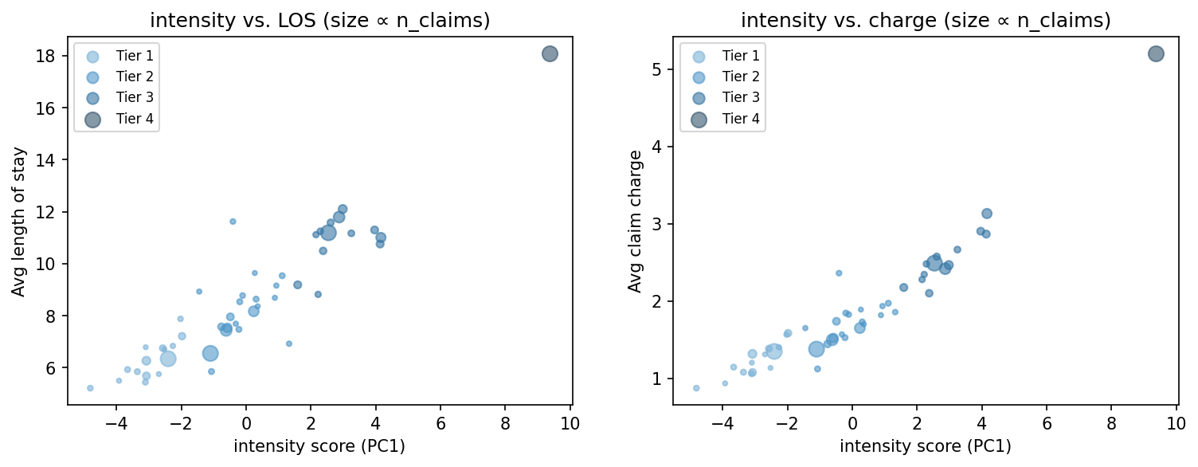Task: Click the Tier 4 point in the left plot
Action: click(x=550, y=53)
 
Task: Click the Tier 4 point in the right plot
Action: click(x=1156, y=53)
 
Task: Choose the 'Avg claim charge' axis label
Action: click(x=634, y=222)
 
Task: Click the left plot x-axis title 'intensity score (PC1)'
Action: click(x=319, y=446)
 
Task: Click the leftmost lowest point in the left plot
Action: click(x=90, y=388)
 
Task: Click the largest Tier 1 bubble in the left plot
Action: click(x=167, y=359)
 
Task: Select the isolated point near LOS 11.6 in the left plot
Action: click(x=233, y=222)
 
